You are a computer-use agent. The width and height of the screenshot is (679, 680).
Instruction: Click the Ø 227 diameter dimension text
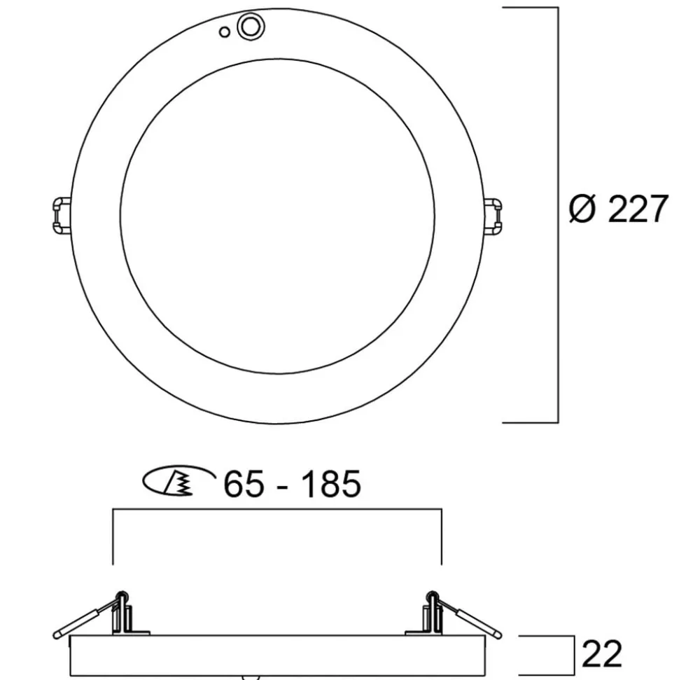(x=618, y=209)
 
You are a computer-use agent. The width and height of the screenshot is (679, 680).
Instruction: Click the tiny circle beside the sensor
(x=224, y=32)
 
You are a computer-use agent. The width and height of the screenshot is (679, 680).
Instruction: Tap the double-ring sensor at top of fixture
(x=249, y=27)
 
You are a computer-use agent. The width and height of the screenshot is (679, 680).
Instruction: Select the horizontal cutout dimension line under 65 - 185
(x=277, y=510)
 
